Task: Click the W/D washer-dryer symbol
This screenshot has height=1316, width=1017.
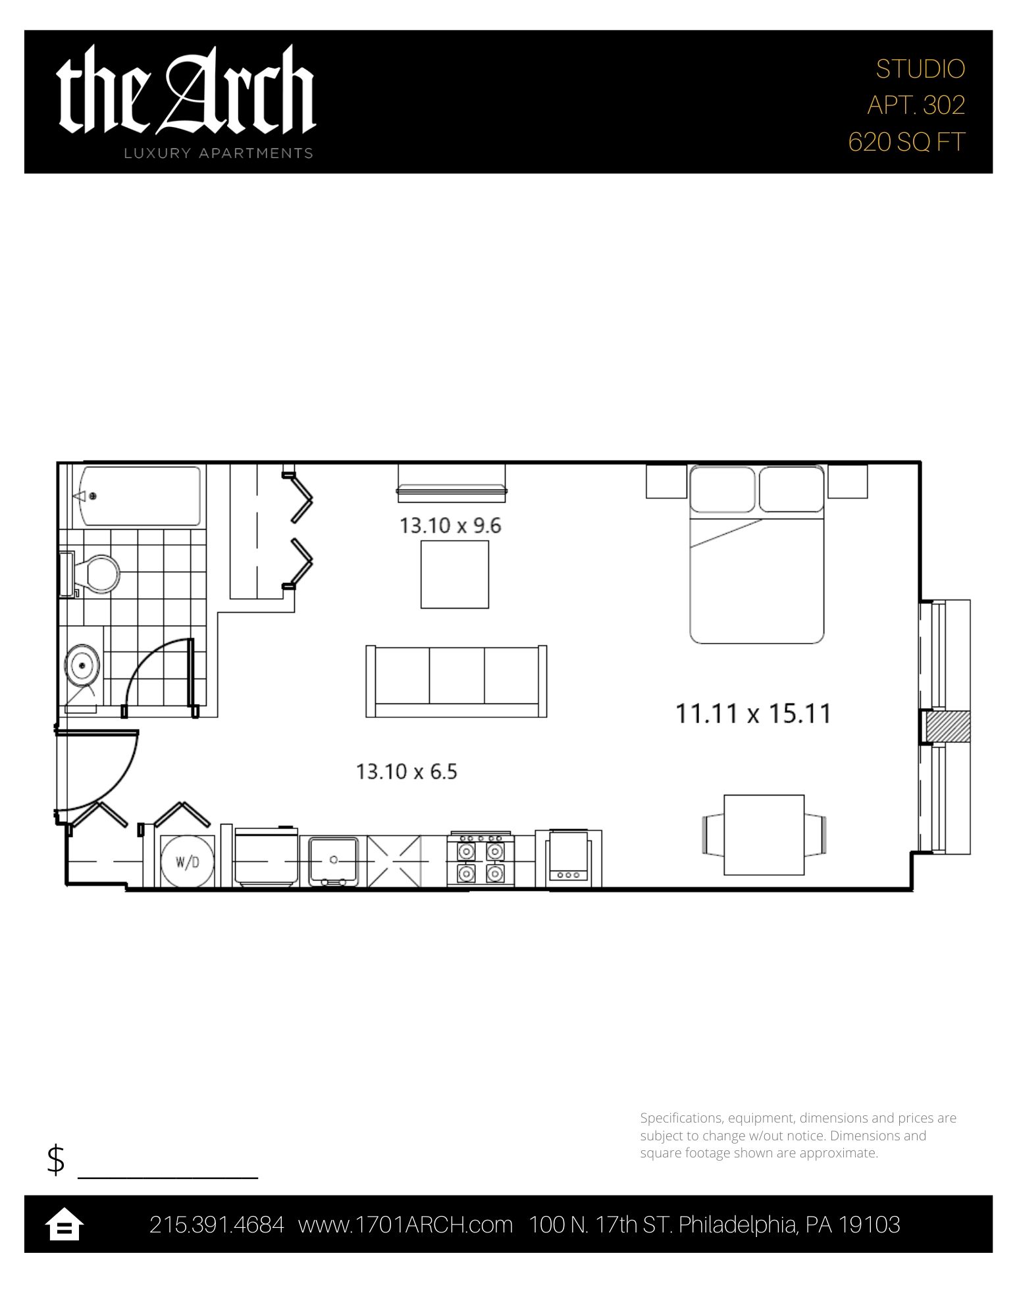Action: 188,861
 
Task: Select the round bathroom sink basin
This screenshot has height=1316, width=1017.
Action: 82,665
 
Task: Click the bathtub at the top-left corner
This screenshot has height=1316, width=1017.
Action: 140,496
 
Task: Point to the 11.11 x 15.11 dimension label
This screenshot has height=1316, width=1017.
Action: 754,713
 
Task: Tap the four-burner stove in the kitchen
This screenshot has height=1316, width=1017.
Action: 481,861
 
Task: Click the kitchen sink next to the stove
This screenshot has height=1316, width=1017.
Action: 334,861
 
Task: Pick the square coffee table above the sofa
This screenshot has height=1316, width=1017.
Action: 455,574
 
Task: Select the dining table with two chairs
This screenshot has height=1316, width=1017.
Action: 764,834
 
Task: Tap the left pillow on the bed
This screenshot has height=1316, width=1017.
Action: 722,489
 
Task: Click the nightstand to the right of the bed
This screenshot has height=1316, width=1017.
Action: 848,482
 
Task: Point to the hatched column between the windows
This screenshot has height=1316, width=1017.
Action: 947,727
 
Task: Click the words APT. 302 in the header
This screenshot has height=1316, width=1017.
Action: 916,105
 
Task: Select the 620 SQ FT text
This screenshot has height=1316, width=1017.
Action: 906,141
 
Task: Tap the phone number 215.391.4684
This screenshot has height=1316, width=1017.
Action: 217,1225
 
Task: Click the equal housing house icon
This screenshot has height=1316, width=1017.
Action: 64,1225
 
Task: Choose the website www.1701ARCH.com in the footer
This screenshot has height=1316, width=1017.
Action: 405,1225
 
